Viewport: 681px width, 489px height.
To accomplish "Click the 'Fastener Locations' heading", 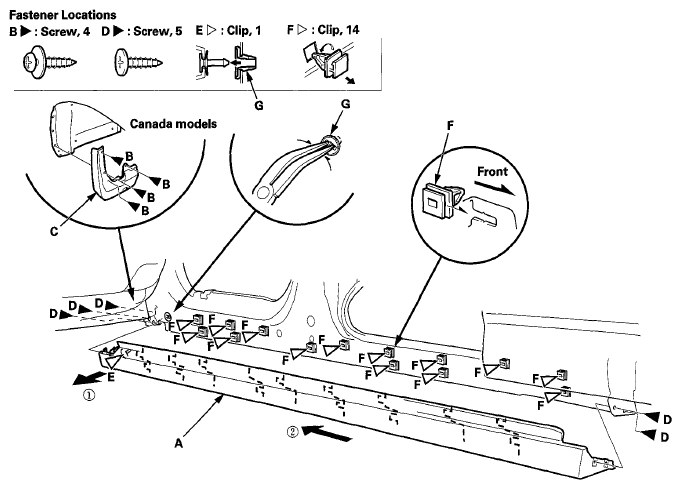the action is (x=63, y=15).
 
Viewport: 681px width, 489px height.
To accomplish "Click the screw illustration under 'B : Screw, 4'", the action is (x=49, y=63).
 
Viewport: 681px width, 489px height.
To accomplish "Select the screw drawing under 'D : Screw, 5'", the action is (x=139, y=63).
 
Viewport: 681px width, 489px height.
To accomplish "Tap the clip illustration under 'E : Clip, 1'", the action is (x=227, y=63).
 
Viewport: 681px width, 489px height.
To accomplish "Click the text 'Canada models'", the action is (x=173, y=124).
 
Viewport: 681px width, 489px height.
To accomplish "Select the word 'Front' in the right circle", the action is (x=492, y=172).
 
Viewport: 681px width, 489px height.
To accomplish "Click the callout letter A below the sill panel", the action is (x=179, y=443).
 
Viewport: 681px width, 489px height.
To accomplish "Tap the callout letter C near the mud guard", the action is (x=54, y=231).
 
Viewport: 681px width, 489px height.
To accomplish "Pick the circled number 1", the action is (x=89, y=396).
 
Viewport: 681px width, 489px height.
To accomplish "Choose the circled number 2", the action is (x=293, y=432).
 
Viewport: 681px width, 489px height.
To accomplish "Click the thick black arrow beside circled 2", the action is (x=327, y=433).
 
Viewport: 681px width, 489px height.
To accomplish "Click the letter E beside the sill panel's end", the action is (x=111, y=377).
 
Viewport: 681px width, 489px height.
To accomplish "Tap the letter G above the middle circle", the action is (x=346, y=104).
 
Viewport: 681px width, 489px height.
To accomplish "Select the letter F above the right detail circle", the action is (x=450, y=126).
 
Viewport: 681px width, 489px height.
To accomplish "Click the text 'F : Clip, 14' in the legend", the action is (x=323, y=30).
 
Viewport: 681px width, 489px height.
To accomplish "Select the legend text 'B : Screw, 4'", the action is (x=50, y=31).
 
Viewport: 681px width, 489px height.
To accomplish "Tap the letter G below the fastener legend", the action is (x=258, y=106).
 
